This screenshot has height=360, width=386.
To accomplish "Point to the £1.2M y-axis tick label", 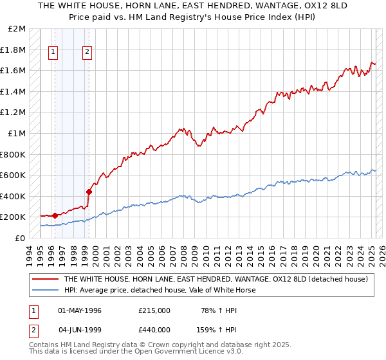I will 14,113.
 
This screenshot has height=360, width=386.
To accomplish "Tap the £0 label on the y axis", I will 20,238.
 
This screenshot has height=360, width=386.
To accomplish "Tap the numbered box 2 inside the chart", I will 87,53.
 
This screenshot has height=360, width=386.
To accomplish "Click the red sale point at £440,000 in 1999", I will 89,192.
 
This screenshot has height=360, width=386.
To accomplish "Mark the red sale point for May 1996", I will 55,215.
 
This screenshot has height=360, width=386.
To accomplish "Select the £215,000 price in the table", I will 154,310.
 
